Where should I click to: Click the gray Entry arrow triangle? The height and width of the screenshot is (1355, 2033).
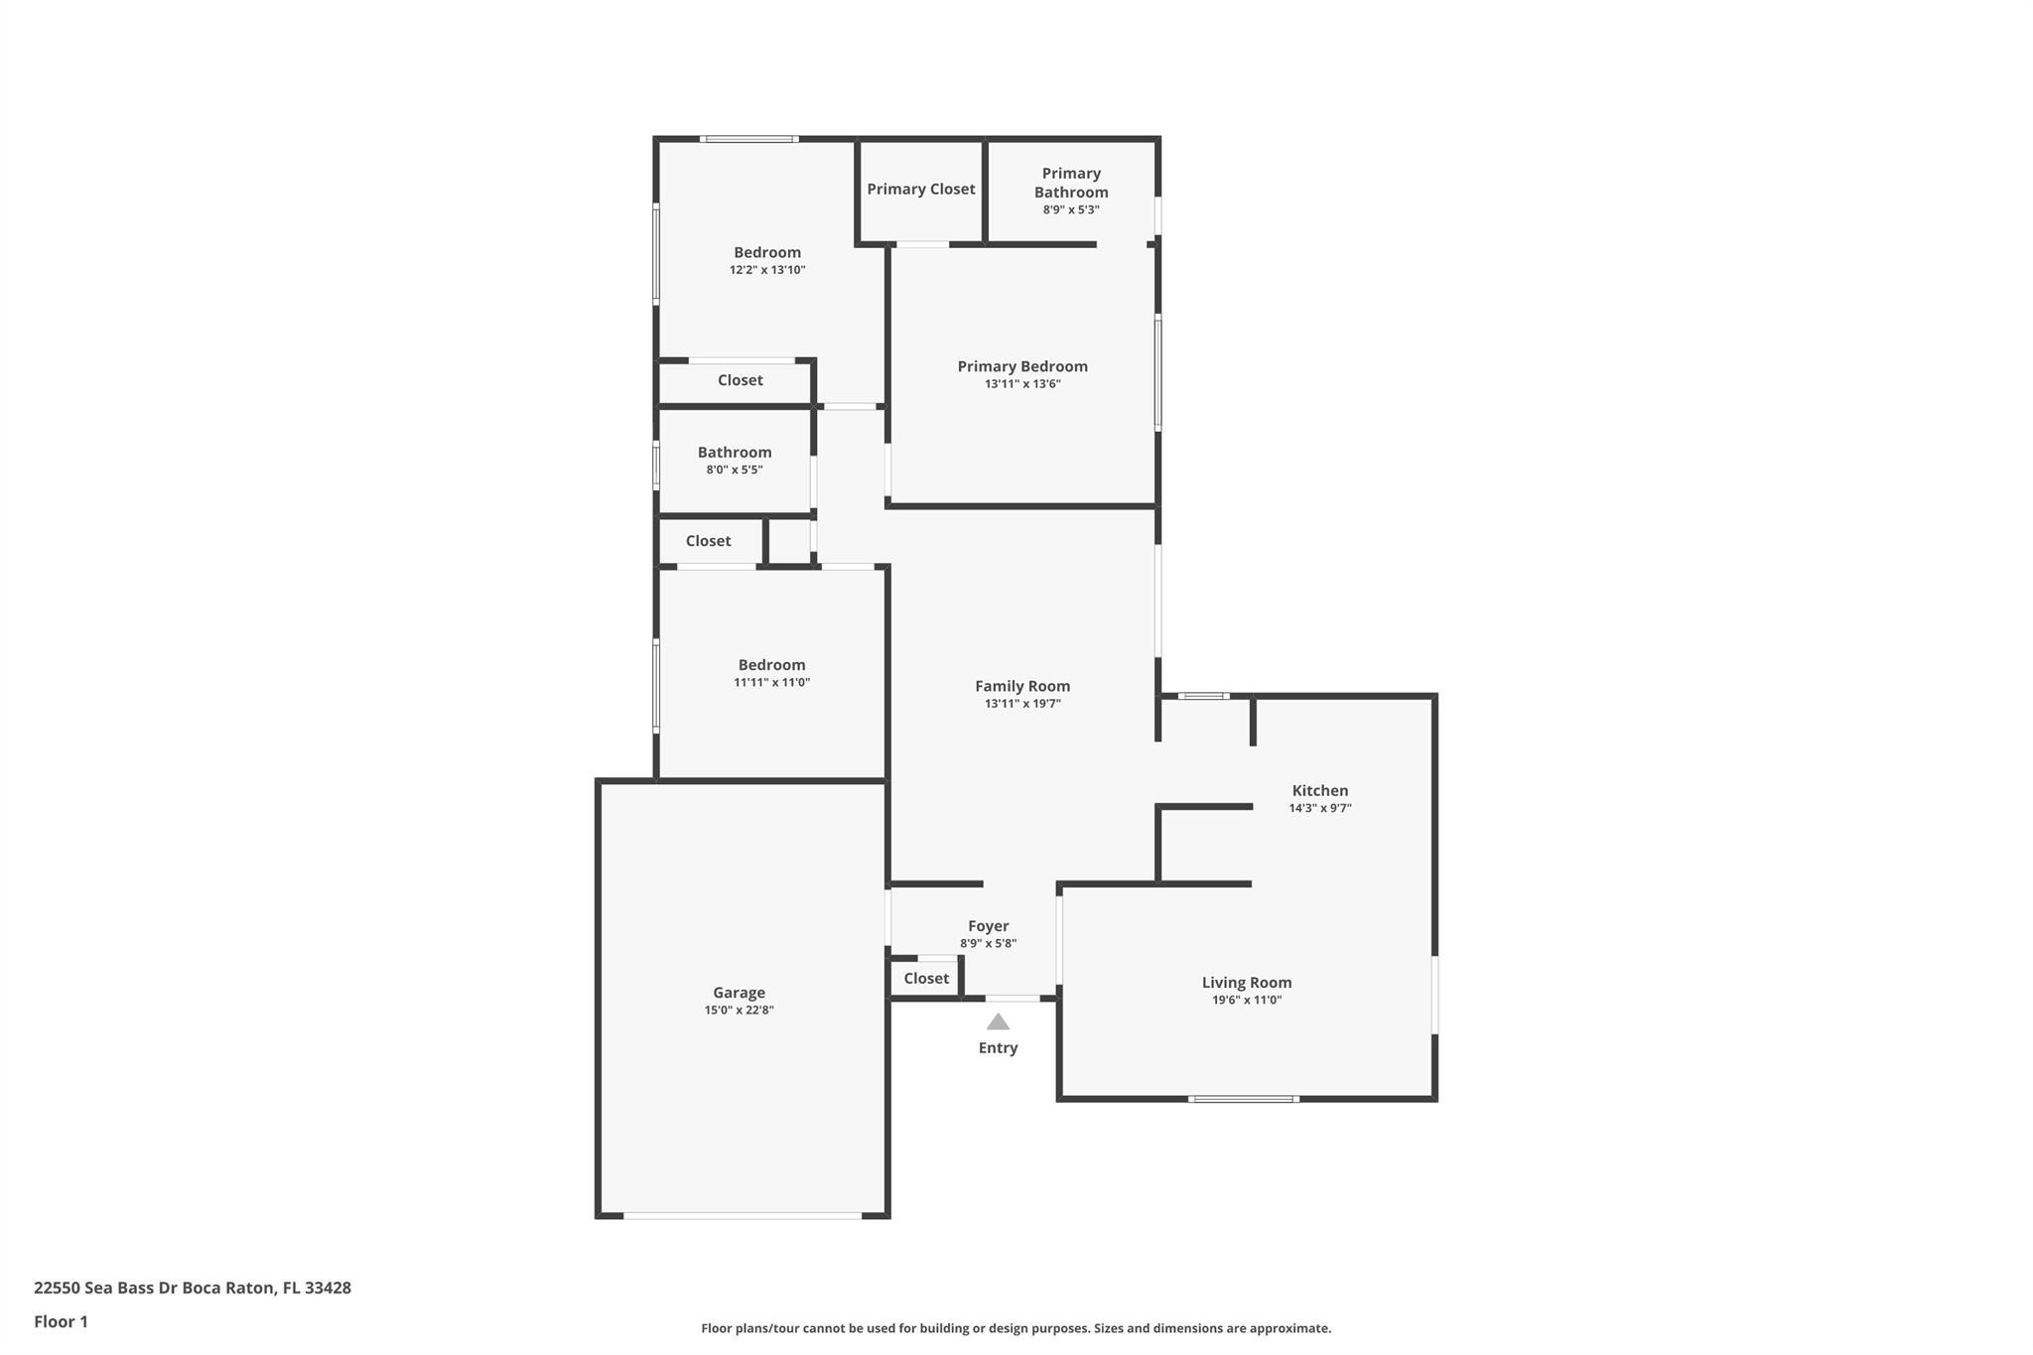click(x=998, y=1021)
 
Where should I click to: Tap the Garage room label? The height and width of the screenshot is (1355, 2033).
click(x=739, y=993)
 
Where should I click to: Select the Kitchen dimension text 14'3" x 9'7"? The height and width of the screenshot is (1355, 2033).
click(x=1320, y=808)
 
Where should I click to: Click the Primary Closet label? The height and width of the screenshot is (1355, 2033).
click(x=921, y=189)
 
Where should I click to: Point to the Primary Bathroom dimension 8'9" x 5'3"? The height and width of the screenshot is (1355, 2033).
click(x=1071, y=209)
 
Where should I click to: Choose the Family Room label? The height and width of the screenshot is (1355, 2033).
click(x=1022, y=686)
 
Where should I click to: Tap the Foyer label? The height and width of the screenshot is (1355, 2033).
click(x=989, y=926)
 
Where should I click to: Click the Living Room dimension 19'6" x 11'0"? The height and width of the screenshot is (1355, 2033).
click(x=1247, y=1000)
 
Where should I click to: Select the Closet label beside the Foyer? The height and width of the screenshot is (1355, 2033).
click(x=926, y=978)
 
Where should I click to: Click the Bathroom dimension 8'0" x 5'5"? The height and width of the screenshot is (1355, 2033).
click(x=735, y=470)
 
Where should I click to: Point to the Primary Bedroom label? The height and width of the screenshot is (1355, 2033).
click(x=1022, y=366)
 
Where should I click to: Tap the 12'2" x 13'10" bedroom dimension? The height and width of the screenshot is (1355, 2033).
click(x=767, y=269)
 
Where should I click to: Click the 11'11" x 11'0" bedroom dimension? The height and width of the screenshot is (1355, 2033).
click(x=771, y=682)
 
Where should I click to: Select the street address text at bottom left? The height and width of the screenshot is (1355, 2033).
click(x=193, y=1287)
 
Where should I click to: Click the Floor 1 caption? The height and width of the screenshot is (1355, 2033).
click(x=61, y=1321)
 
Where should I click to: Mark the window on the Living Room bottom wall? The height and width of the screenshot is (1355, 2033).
click(x=1244, y=1099)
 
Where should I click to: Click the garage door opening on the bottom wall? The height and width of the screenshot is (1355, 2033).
click(x=743, y=1215)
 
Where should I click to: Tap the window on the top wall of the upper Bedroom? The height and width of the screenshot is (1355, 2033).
click(x=749, y=139)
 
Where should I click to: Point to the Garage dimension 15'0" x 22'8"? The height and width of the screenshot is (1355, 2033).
click(x=739, y=1011)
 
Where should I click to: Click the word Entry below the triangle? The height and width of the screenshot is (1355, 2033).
click(x=998, y=1048)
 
